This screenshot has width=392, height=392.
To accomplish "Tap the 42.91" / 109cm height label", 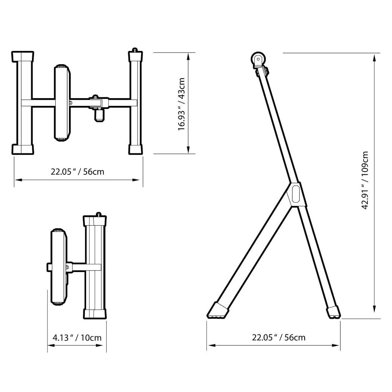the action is (x=365, y=180).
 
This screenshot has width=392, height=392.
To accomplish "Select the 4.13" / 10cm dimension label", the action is (x=77, y=338).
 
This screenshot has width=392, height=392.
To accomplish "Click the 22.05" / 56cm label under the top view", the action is (x=78, y=172).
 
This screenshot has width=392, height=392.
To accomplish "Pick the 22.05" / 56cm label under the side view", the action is (x=279, y=338).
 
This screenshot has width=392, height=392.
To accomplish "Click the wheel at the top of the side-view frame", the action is (x=258, y=59).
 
